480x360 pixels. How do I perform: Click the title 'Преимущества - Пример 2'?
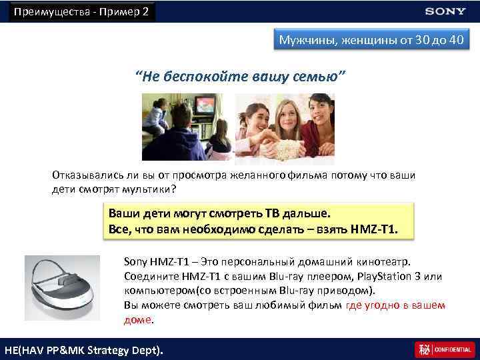(x=81, y=11)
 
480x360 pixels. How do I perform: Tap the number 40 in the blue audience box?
(x=456, y=41)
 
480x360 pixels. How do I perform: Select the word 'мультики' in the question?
(x=147, y=189)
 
